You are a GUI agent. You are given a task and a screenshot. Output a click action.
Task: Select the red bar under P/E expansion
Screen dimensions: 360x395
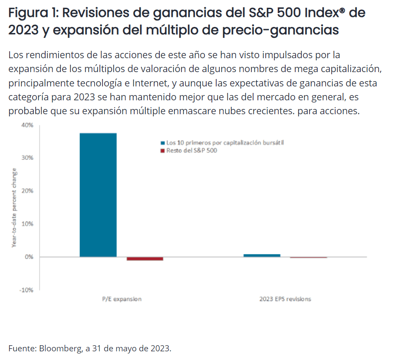pos(145,258)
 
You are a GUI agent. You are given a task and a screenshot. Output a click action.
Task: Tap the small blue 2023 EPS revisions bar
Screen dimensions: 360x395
pos(262,255)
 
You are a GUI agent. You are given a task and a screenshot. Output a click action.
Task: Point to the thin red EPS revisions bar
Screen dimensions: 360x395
pos(309,258)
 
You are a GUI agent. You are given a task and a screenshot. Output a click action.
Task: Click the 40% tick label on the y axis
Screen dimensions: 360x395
pos(27,125)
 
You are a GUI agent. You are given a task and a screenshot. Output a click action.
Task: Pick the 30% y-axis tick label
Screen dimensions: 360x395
pos(27,158)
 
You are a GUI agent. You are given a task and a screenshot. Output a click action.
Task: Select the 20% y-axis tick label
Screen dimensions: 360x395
pos(27,191)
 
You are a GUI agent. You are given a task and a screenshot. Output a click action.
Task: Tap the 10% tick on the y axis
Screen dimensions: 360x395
pos(27,224)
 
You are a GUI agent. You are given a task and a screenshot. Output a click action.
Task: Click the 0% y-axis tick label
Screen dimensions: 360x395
pos(29,257)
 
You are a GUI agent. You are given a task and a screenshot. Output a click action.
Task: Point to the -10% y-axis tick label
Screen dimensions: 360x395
pos(26,290)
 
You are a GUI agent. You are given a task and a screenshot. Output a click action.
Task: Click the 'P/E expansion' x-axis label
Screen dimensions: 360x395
pos(122,299)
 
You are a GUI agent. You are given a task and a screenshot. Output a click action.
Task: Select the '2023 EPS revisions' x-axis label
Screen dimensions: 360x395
pos(285,299)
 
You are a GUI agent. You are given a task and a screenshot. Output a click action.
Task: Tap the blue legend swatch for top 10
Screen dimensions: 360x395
pos(163,142)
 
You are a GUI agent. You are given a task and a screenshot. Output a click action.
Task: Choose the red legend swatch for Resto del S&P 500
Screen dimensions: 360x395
pos(163,151)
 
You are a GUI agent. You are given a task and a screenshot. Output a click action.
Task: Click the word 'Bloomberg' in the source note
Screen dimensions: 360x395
pos(59,348)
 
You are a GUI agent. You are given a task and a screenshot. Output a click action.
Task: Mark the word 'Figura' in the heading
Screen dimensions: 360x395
pos(27,13)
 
